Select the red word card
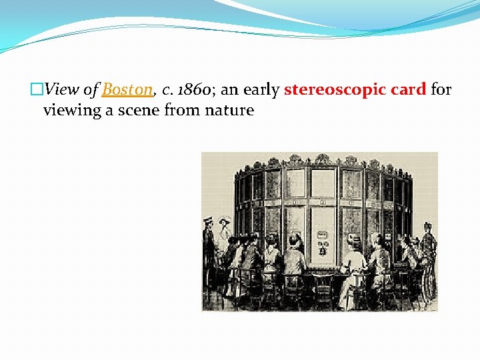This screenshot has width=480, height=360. click(x=407, y=89)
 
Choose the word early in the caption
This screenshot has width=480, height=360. click(x=261, y=89)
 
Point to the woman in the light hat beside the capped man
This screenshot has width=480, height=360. click(x=224, y=240)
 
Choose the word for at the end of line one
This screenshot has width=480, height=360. click(x=441, y=89)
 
